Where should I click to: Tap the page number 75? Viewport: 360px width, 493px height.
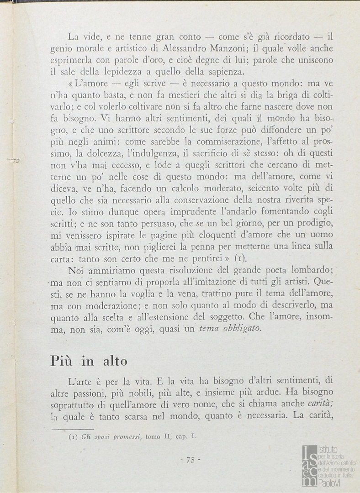tap(191, 460)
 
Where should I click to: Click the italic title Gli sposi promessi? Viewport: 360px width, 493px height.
tap(110, 436)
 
